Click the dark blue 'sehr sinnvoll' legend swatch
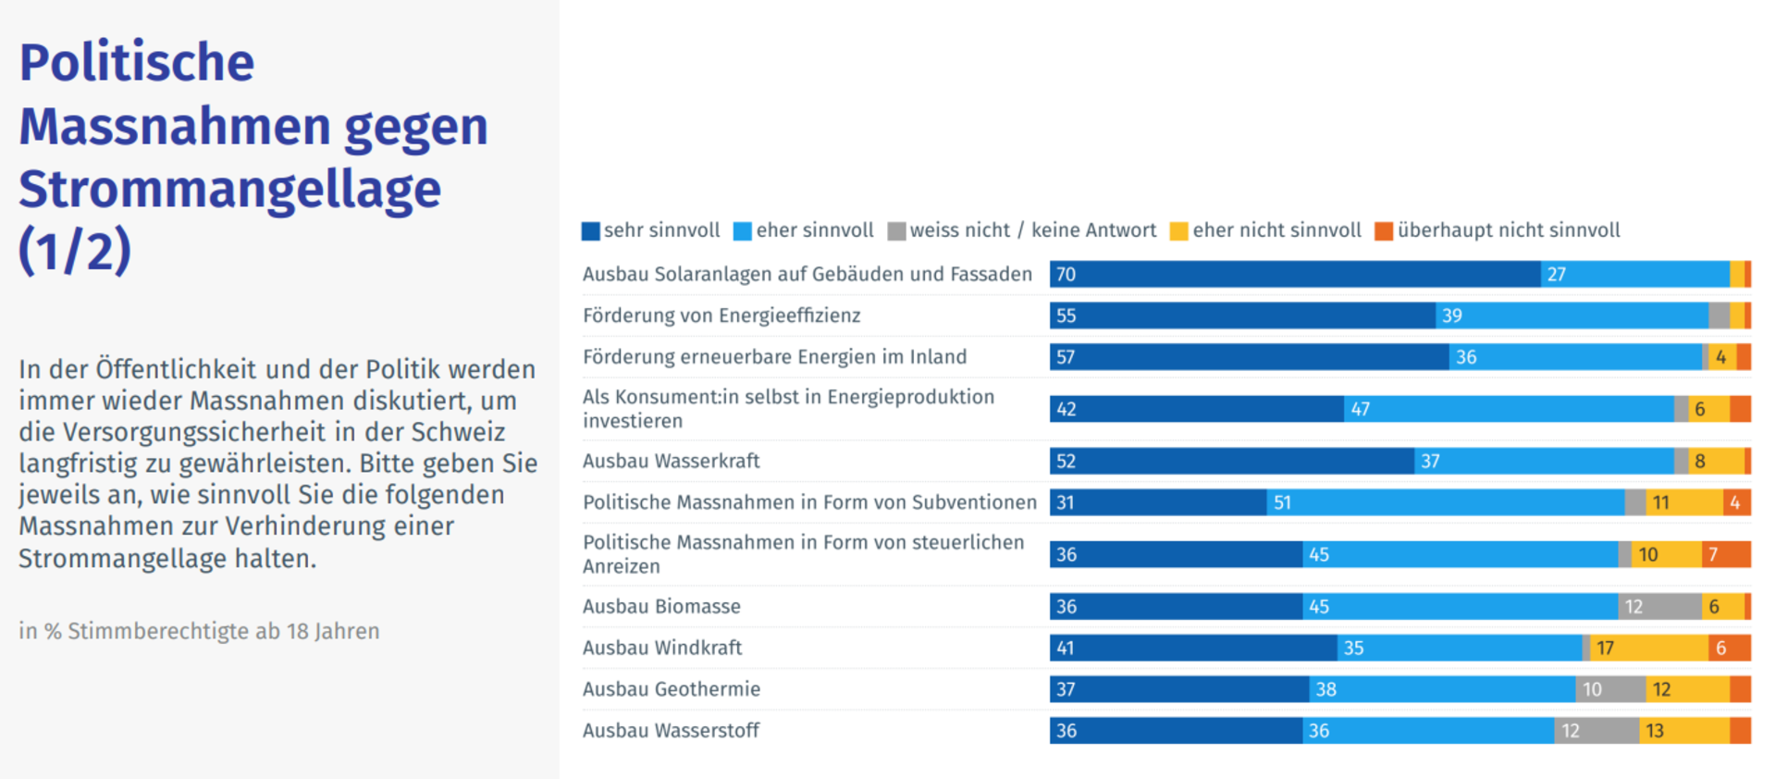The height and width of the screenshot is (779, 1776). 590,231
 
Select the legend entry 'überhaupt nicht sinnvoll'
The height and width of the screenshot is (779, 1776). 1508,230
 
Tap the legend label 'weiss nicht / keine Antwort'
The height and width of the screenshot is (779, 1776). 1032,230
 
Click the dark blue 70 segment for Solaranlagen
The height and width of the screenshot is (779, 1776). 1295,274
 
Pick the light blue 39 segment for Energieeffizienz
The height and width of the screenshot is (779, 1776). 1572,315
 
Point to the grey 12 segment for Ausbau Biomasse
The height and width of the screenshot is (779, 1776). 1659,606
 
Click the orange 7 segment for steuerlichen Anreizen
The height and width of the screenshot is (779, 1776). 1726,554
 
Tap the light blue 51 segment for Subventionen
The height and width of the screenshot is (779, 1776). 1445,502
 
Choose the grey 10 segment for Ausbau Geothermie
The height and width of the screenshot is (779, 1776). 1610,688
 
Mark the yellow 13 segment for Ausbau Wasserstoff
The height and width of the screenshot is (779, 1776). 1684,730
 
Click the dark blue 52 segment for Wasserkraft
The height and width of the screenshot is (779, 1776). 1231,461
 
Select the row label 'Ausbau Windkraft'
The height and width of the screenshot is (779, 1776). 662,648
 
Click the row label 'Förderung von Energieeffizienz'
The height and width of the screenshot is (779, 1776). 721,315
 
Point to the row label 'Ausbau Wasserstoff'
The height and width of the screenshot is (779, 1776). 671,730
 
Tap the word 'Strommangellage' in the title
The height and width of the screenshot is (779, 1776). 229,189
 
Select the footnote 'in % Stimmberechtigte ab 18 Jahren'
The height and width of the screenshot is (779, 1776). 199,631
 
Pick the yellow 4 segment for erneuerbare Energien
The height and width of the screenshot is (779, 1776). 1721,357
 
